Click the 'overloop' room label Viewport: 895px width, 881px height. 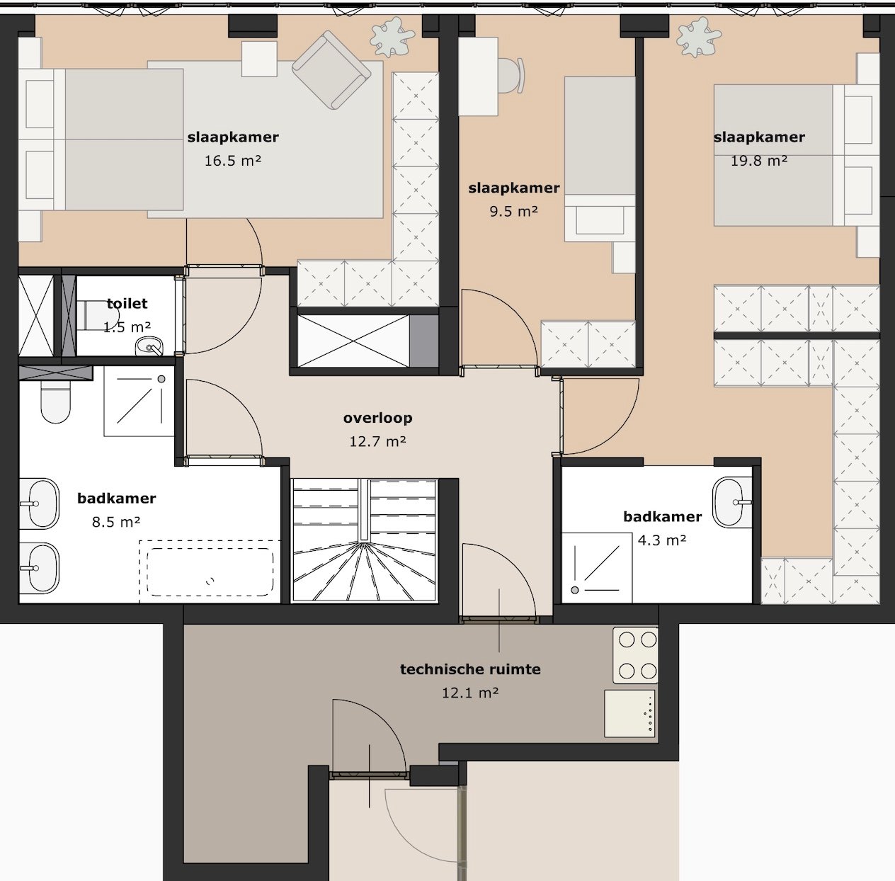tap(377, 418)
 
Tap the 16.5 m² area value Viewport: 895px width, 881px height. tap(232, 161)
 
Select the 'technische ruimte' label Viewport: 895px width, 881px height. tap(470, 669)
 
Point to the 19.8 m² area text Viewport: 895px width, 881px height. tap(758, 161)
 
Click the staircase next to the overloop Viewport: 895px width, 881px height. tap(364, 541)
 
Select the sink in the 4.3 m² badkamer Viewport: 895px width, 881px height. tap(731, 502)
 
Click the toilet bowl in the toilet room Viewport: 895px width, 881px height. tap(89, 315)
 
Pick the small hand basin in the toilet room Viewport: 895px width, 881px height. tap(149, 347)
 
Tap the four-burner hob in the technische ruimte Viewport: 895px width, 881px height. tap(635, 655)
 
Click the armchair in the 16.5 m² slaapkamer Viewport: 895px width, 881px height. tap(331, 70)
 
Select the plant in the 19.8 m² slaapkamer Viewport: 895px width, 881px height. tap(698, 38)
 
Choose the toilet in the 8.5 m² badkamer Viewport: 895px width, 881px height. tap(56, 402)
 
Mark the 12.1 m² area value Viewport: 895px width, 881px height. tap(470, 693)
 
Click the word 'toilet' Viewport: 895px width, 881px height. tap(127, 304)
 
